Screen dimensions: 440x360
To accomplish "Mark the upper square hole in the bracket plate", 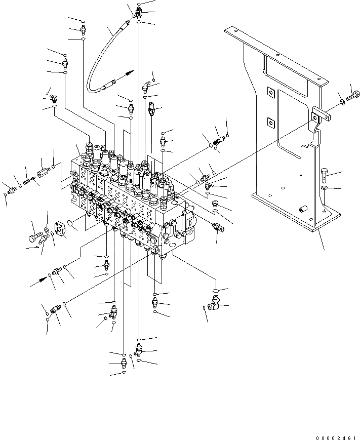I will (x=270, y=92).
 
